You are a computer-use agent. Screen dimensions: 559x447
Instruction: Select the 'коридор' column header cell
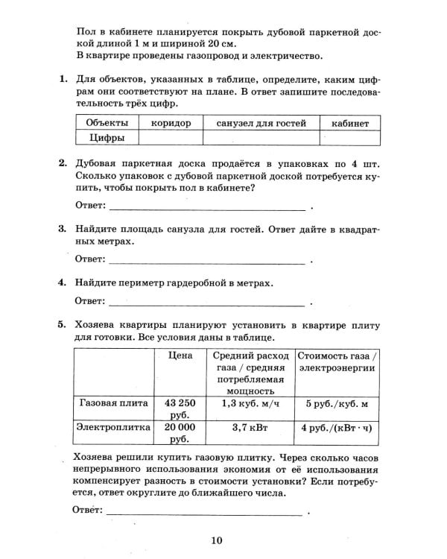[171, 123]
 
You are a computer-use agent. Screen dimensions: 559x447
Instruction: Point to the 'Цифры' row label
[107, 138]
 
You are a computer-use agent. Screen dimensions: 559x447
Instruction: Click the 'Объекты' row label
[107, 123]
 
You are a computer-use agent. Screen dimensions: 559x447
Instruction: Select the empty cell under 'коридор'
[171, 138]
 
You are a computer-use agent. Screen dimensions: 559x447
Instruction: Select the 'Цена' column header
[180, 356]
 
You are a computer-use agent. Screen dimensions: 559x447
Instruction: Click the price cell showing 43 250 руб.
[180, 408]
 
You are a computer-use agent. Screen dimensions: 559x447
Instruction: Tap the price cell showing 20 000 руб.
[180, 433]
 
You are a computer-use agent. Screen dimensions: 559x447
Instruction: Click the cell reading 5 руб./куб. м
[337, 402]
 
